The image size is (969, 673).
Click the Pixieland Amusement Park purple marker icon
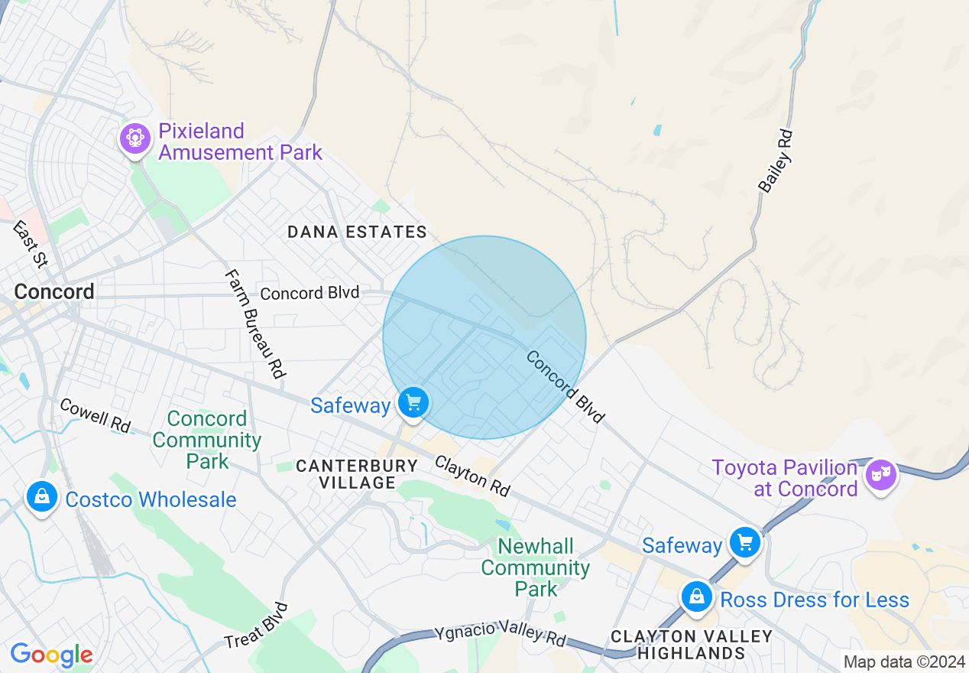tap(135, 138)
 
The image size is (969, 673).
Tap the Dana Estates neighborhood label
tap(357, 232)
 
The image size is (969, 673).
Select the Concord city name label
tap(54, 291)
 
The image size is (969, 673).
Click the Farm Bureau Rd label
tap(255, 324)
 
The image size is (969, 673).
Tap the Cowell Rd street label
tap(96, 415)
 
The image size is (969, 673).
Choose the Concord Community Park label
tap(206, 440)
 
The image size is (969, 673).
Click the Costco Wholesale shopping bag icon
tap(42, 498)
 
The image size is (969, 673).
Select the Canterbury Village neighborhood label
tap(357, 474)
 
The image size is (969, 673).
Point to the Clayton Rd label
tap(472, 476)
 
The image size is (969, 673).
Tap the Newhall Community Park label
tap(536, 567)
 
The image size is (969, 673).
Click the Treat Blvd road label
tap(257, 626)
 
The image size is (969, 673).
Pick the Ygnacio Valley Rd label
tap(501, 634)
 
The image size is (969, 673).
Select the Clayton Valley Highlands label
tap(692, 645)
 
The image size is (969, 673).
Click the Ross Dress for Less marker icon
tap(696, 597)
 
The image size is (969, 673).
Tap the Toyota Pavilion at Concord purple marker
tap(880, 475)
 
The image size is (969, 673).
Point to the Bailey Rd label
tap(776, 161)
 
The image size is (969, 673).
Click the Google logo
tap(51, 655)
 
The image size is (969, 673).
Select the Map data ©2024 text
tap(904, 662)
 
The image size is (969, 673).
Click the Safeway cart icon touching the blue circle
tap(413, 402)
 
